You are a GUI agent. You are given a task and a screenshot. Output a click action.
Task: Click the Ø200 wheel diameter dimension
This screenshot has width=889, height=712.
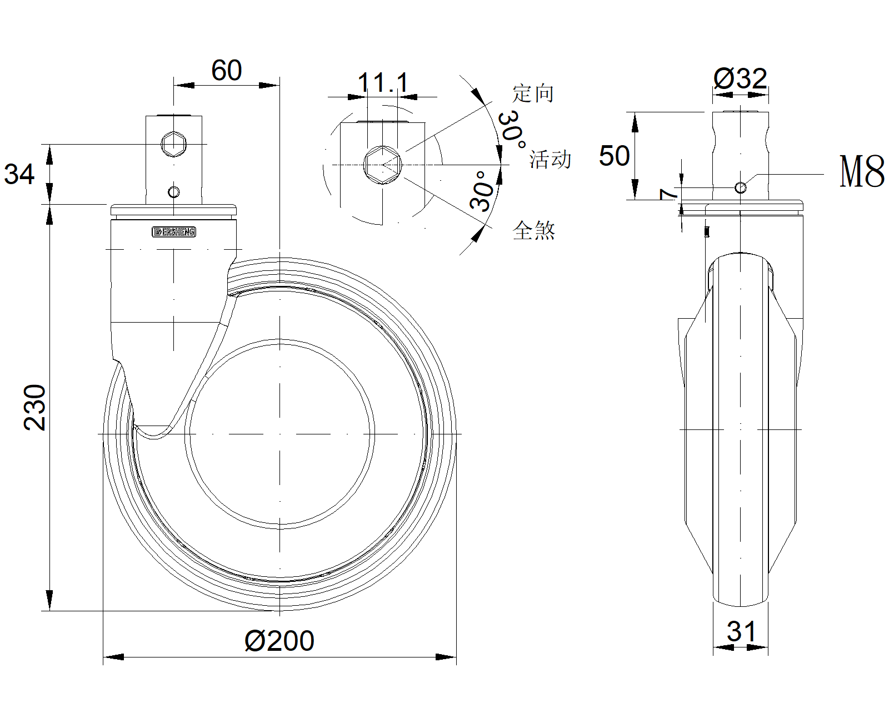(279, 641)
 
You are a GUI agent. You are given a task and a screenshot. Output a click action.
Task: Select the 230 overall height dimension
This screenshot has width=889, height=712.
(35, 407)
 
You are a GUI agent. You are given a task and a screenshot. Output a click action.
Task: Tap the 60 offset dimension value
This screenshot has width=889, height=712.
(226, 71)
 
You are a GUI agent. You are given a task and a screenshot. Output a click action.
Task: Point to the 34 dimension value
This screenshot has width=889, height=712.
(19, 174)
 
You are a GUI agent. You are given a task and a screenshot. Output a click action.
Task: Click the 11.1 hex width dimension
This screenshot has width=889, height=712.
(382, 83)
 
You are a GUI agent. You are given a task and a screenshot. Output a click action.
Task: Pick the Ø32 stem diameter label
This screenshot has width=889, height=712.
(740, 78)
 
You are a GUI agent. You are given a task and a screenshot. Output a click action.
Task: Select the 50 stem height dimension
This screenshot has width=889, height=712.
(614, 156)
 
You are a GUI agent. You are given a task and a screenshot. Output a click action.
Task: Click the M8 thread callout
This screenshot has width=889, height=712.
(862, 172)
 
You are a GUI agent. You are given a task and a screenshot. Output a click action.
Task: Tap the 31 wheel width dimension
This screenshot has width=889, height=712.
(741, 632)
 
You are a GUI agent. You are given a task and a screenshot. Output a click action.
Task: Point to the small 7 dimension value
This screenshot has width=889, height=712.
(668, 194)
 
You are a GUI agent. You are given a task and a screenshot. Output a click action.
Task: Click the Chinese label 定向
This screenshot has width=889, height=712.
(533, 93)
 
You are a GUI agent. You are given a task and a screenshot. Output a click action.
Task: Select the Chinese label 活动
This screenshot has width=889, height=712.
(550, 160)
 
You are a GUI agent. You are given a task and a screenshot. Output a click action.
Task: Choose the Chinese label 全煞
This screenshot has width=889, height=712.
(534, 230)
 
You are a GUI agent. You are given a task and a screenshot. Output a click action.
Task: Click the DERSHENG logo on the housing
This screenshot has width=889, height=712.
(174, 232)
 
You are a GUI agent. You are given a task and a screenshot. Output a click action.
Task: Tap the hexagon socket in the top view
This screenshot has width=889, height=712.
(382, 164)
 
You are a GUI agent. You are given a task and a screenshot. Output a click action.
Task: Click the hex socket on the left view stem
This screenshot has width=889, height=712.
(174, 144)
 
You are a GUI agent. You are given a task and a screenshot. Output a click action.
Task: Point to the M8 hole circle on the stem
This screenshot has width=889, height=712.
(740, 187)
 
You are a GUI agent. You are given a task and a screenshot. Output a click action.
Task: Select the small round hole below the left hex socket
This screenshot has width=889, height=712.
(174, 192)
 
